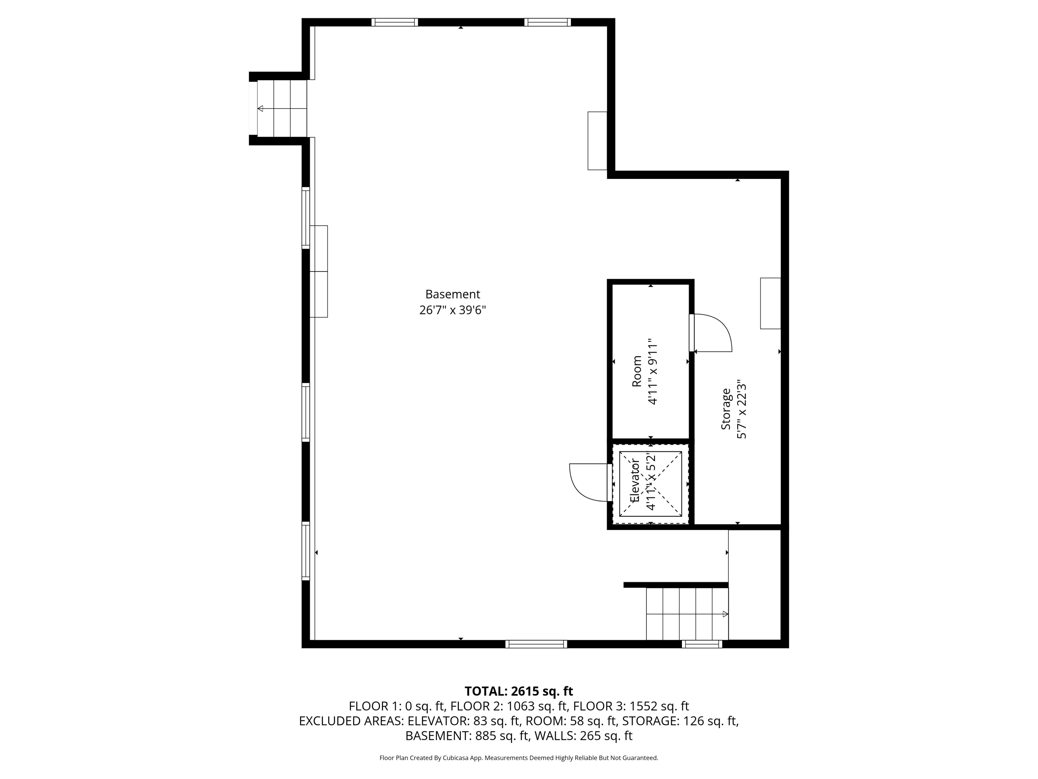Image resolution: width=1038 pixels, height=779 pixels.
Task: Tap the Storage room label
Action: click(726, 409)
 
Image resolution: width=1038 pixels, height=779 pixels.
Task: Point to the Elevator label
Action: click(635, 481)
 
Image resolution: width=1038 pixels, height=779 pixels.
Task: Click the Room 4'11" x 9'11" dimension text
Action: click(653, 371)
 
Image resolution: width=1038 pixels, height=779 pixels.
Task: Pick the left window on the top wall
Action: click(395, 22)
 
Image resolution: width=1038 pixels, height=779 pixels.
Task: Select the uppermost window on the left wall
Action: click(306, 218)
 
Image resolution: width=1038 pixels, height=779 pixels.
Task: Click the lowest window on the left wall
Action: click(306, 551)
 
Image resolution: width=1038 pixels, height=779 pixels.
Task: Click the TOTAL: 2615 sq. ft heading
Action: click(519, 691)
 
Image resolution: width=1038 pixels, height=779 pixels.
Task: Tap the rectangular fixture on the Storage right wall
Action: click(771, 303)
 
